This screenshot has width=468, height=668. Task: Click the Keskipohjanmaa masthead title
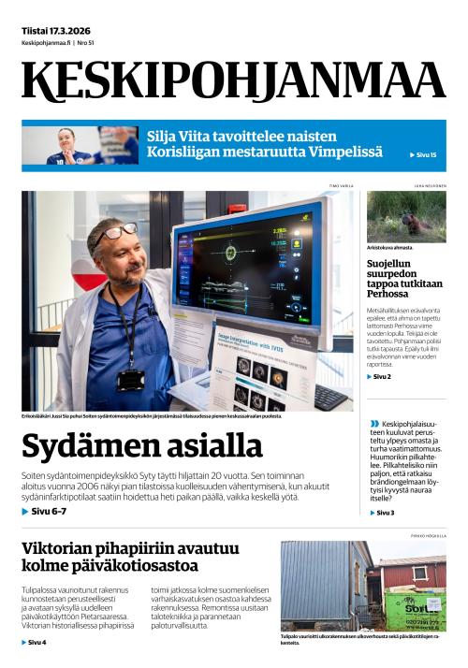tap(233, 81)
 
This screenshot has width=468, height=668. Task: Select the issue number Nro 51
tap(86, 43)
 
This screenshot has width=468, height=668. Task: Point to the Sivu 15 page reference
tap(424, 154)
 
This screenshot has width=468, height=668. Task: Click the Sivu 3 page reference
tap(383, 513)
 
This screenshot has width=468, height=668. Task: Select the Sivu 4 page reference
tap(35, 643)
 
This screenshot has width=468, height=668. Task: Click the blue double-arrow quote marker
tap(374, 424)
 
